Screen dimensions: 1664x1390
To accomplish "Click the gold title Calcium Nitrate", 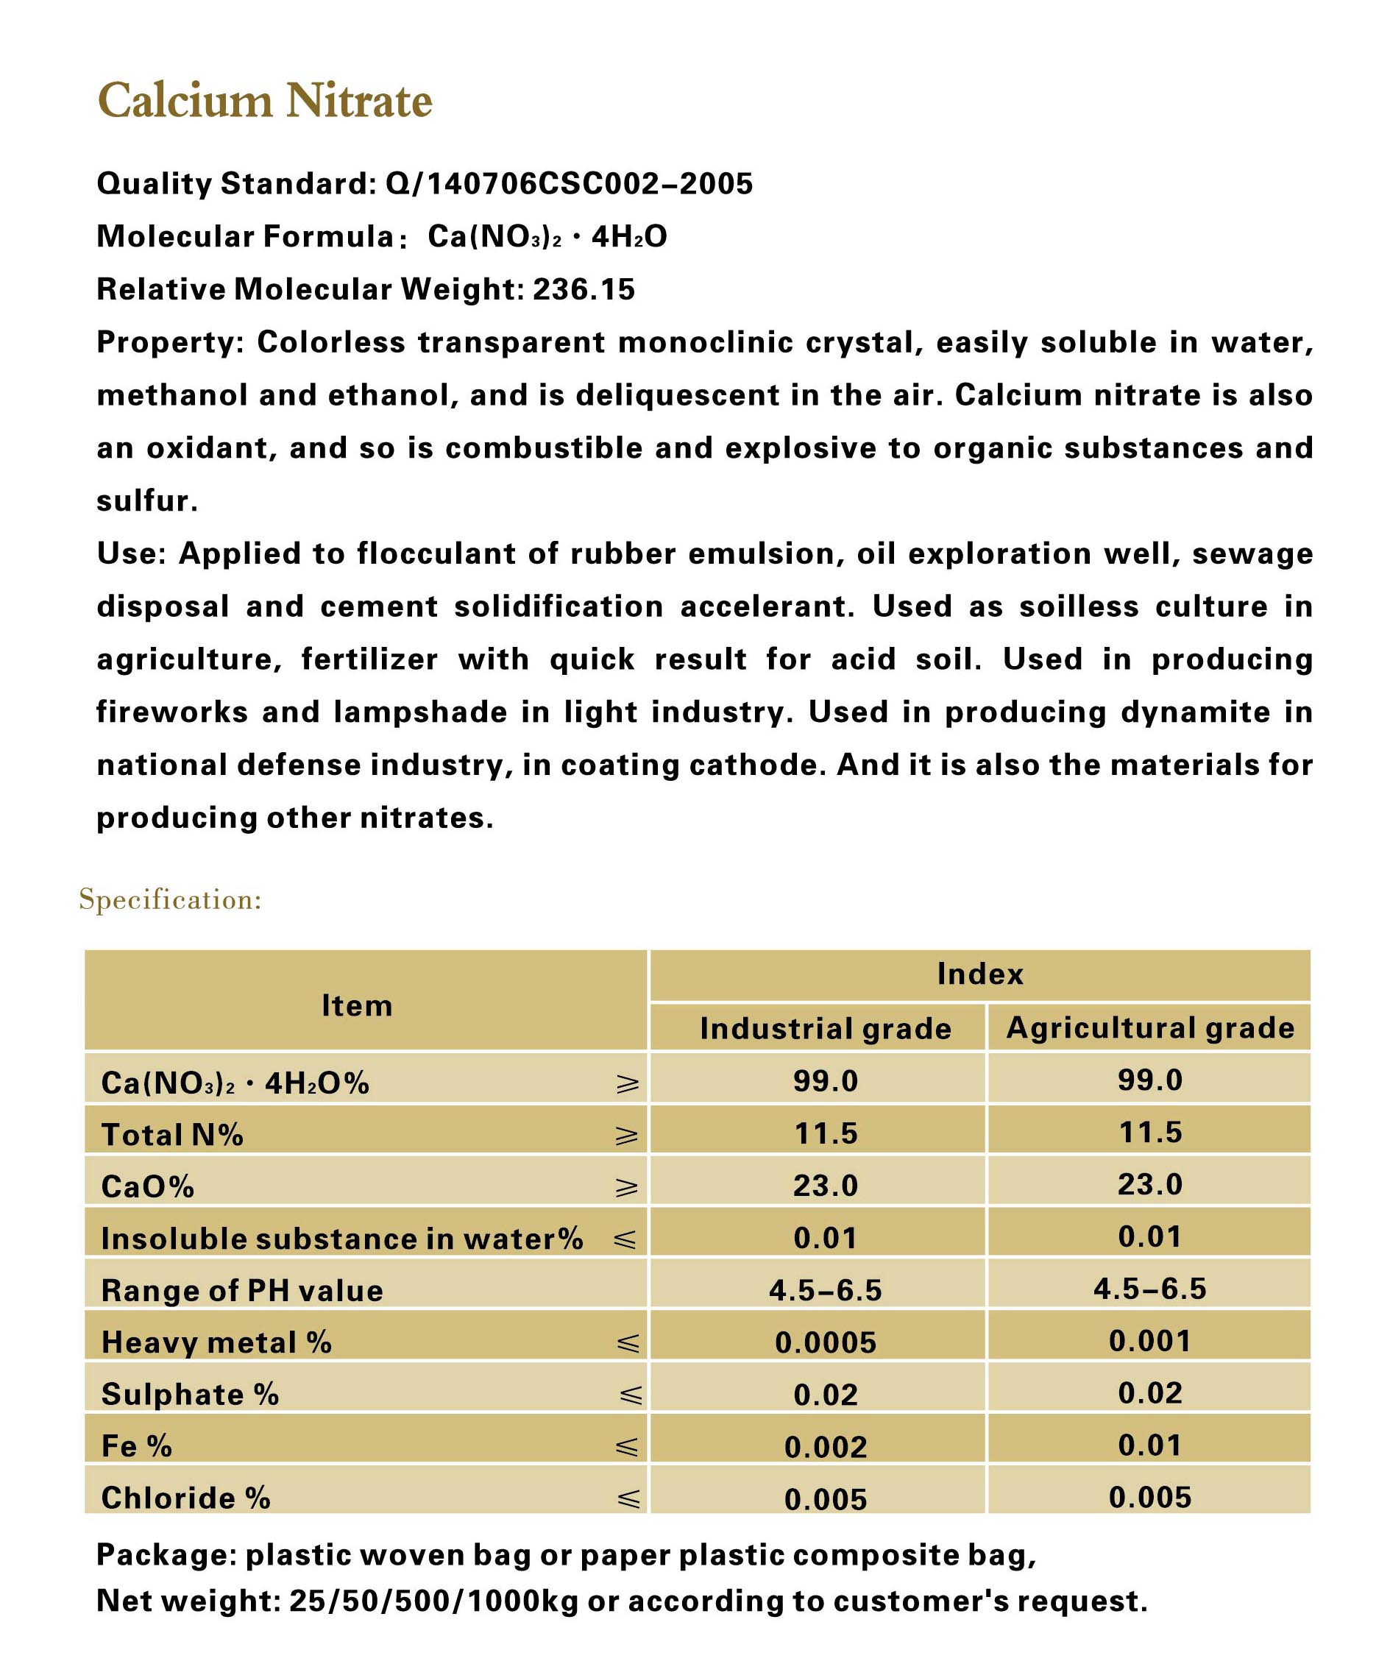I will pyautogui.click(x=265, y=102).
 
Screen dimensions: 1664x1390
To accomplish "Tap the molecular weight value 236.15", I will pyautogui.click(x=584, y=289).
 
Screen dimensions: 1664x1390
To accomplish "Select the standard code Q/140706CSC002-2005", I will pyautogui.click(x=569, y=184).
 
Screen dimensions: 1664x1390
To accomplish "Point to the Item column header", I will pyautogui.click(x=357, y=1005).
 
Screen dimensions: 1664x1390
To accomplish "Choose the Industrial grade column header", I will pyautogui.click(x=825, y=1029).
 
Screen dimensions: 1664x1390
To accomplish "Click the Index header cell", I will pyautogui.click(x=979, y=974).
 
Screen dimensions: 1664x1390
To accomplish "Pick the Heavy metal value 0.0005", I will pyautogui.click(x=826, y=1343).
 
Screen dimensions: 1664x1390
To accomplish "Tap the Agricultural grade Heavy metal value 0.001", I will pyautogui.click(x=1150, y=1342).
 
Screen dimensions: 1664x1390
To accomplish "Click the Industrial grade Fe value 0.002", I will pyautogui.click(x=826, y=1448).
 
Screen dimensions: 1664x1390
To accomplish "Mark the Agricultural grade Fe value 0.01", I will pyautogui.click(x=1150, y=1446).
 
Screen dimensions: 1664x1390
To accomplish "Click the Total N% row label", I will pyautogui.click(x=172, y=1136).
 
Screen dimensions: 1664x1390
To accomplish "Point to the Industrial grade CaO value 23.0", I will pyautogui.click(x=826, y=1186).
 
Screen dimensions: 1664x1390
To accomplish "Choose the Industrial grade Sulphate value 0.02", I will pyautogui.click(x=826, y=1395).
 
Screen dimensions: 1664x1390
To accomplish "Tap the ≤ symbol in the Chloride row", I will pyautogui.click(x=629, y=1499).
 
